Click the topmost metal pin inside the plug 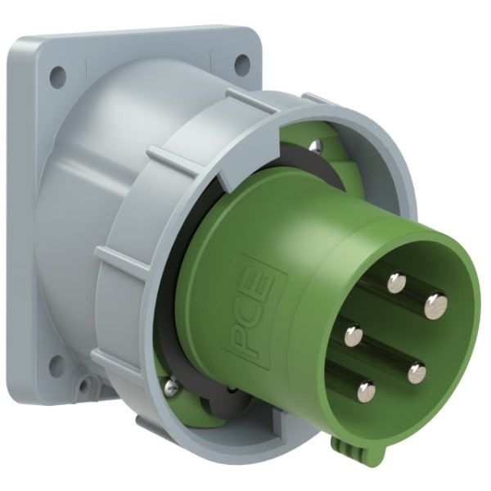[x=396, y=283]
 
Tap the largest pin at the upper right [x=436, y=305]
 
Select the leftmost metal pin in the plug [x=354, y=336]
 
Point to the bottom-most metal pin [x=366, y=391]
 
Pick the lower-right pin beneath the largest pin [x=417, y=372]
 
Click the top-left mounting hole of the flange [x=58, y=74]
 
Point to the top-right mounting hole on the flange [x=242, y=65]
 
